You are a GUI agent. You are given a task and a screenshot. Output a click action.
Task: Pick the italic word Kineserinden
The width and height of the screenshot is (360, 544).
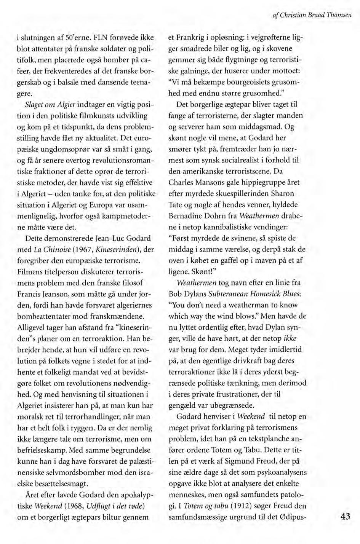[x=113, y=250]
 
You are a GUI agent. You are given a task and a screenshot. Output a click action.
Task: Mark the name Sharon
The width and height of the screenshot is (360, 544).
[x=280, y=194]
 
